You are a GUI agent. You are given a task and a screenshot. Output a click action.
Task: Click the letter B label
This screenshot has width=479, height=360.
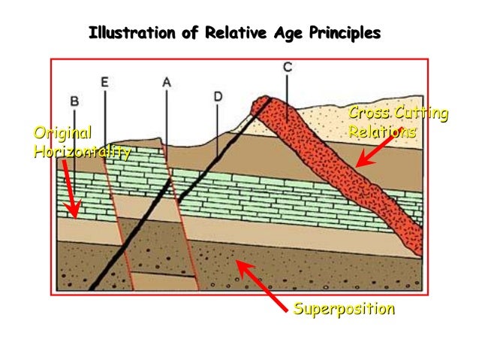[74, 100]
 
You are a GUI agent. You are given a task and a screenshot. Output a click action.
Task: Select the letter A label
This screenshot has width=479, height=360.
[166, 83]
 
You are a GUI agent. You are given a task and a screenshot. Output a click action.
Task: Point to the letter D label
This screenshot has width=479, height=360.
[217, 96]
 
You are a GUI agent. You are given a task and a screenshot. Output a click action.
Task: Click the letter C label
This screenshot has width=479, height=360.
[288, 68]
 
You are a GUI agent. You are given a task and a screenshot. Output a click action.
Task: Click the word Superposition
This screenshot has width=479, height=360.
[344, 309]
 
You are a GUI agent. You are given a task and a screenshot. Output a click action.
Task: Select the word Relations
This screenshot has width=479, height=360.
[382, 132]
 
